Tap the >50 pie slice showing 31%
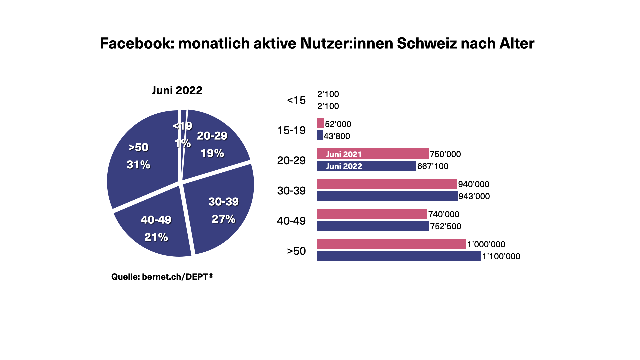point(140,157)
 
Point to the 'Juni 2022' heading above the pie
point(177,90)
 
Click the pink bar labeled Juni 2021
point(372,154)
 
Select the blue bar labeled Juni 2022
point(366,166)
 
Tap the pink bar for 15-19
point(320,123)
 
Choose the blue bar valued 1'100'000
point(399,256)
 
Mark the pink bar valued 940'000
point(387,184)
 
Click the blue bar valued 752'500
point(373,226)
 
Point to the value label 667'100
point(433,166)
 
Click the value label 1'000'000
point(486,244)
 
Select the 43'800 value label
point(337,136)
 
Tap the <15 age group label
point(296,100)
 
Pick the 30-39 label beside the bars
point(291,191)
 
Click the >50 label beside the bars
point(296,251)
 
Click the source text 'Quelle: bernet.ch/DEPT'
point(162,277)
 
